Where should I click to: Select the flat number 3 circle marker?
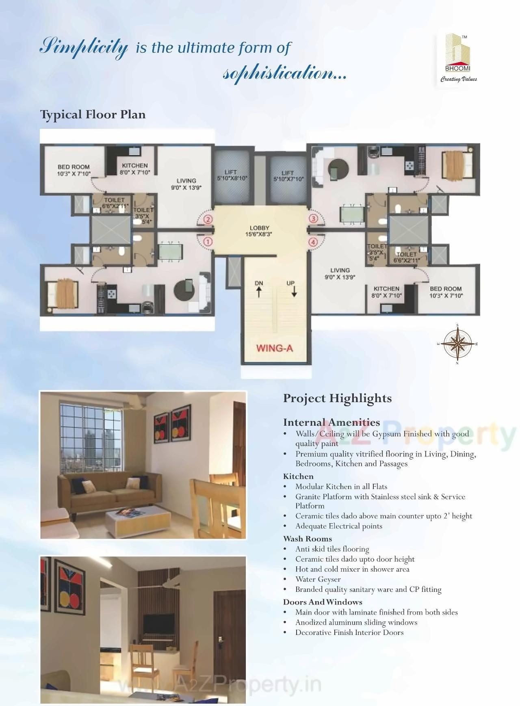coord(313,219)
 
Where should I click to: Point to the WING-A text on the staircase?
coord(275,348)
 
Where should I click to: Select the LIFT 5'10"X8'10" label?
coord(230,175)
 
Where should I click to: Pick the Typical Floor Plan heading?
coord(93,115)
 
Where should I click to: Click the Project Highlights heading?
coord(337,398)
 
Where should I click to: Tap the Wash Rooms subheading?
coord(308,539)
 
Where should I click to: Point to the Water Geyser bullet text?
coord(318,579)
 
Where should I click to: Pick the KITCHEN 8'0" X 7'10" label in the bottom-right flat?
coord(386,292)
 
